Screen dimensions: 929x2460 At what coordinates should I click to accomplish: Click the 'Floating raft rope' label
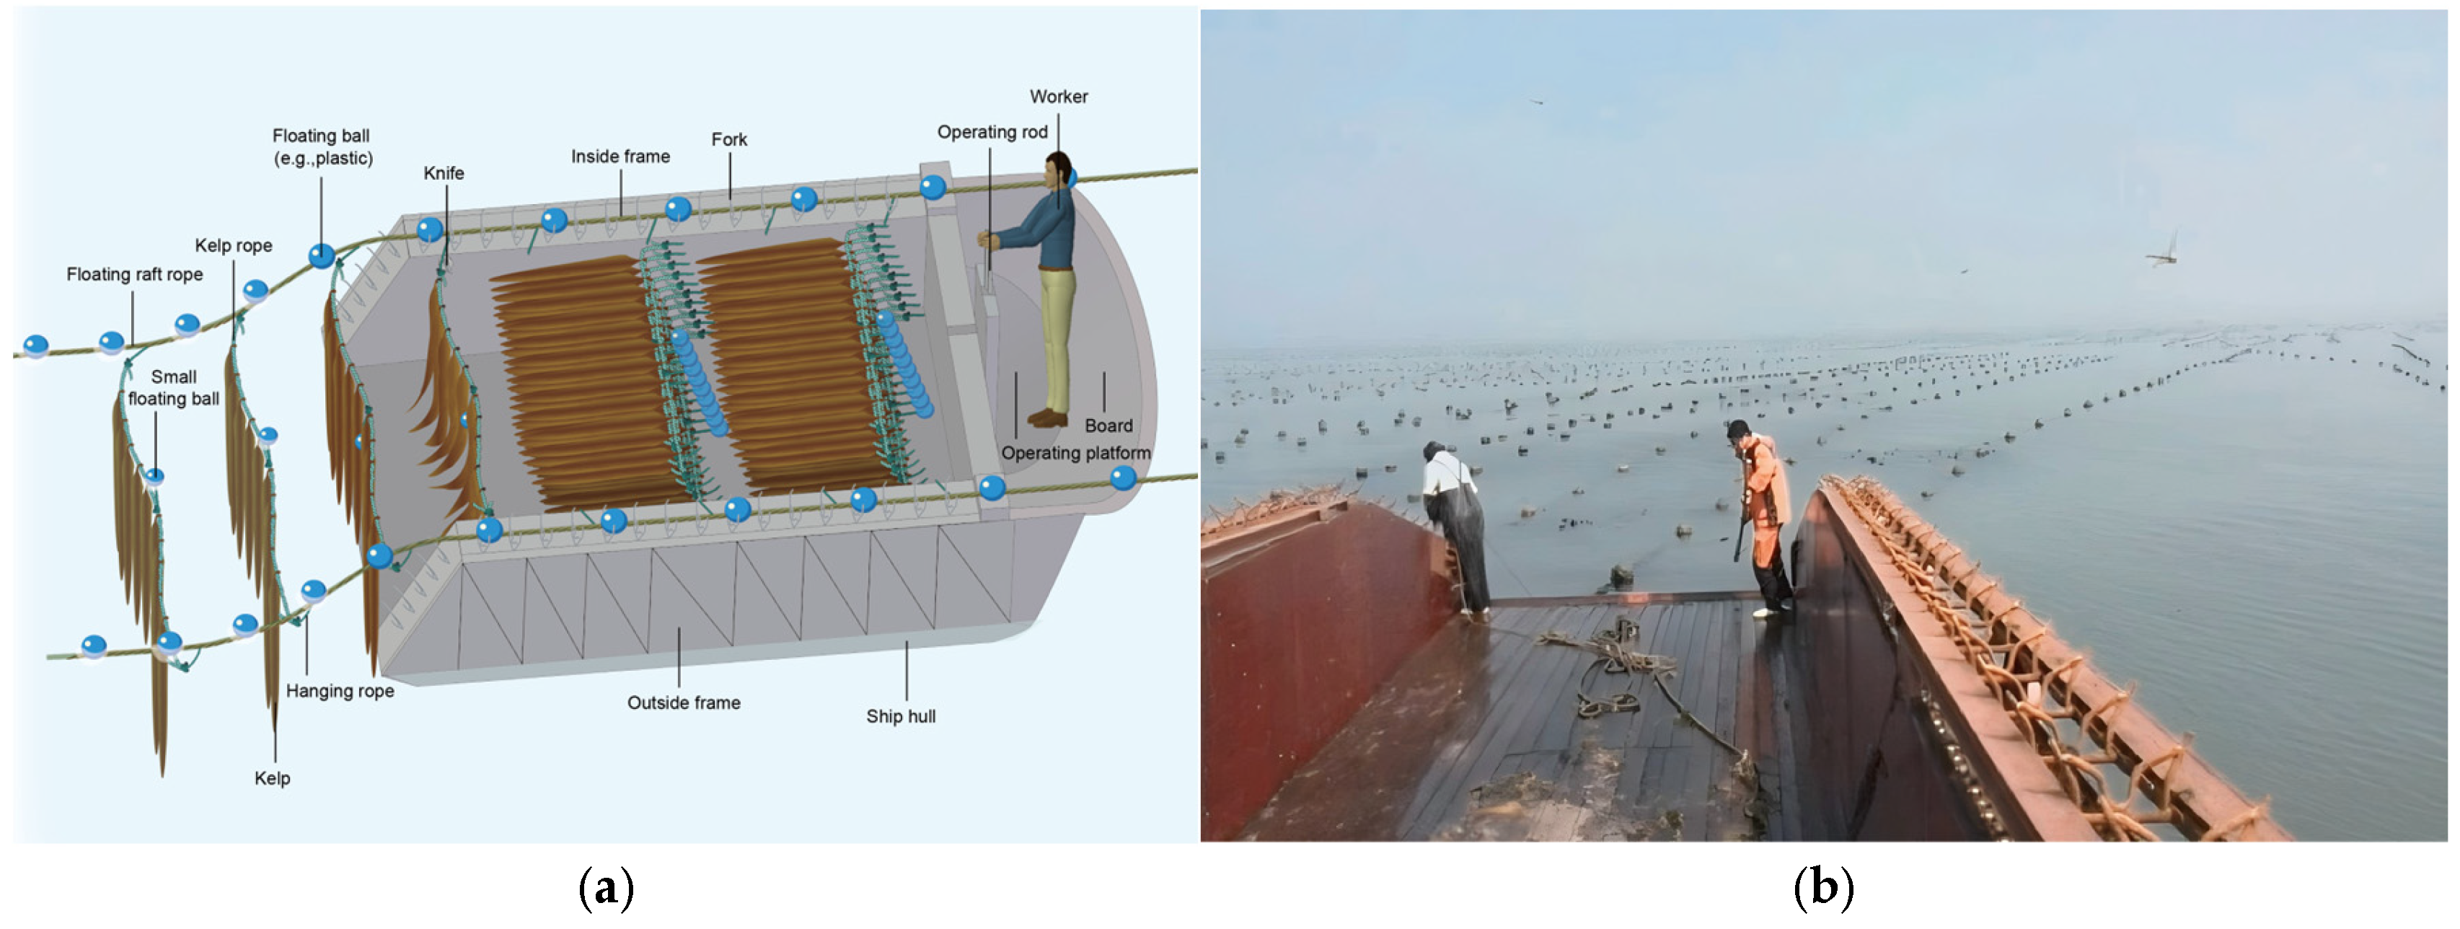pos(135,274)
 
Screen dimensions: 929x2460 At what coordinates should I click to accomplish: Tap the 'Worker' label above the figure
pos(1058,97)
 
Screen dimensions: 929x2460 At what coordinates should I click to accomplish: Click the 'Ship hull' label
pos(901,716)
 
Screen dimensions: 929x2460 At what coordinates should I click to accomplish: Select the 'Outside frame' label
pos(684,703)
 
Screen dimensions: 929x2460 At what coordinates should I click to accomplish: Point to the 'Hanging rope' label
pos(340,690)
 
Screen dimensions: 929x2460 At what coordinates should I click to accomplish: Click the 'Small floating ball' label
pos(174,387)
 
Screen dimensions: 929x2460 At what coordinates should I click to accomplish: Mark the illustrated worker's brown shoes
pos(1049,417)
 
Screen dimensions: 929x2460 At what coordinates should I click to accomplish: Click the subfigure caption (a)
pos(606,887)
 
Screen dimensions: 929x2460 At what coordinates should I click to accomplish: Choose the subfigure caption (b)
pos(1823,887)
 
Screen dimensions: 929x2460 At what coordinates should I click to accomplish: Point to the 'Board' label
pos(1108,426)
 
